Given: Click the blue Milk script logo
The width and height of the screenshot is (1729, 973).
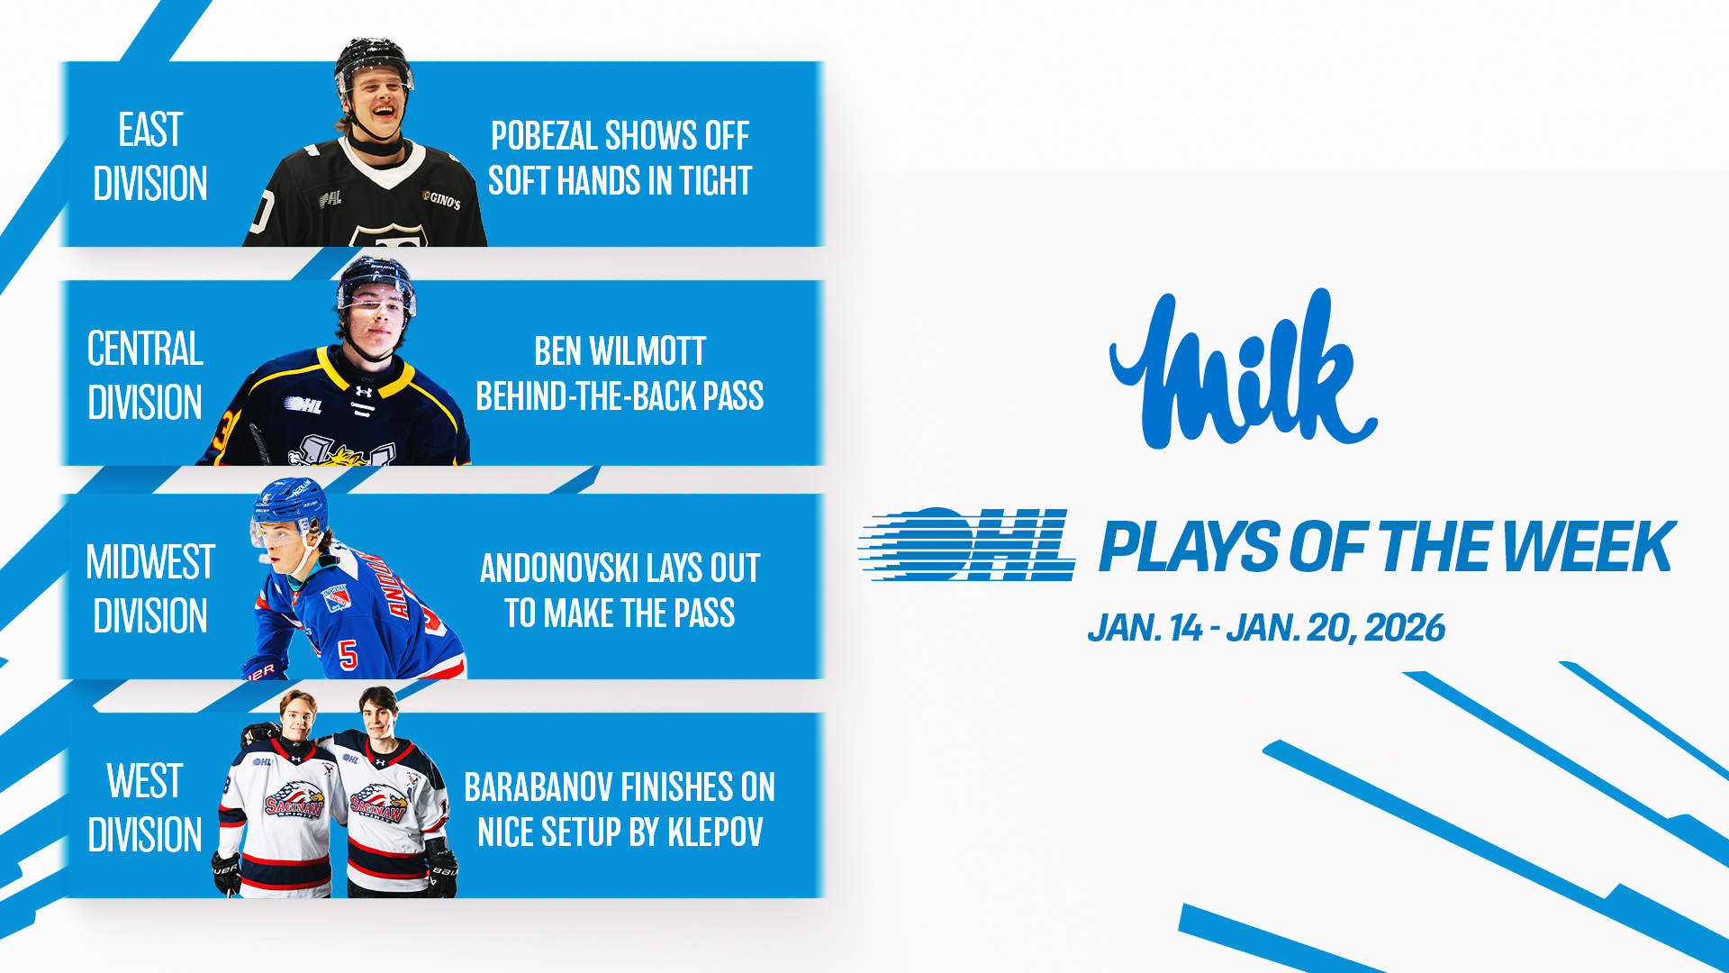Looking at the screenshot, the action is pyautogui.click(x=1243, y=369).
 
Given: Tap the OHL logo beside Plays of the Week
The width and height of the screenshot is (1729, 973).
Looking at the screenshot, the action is pyautogui.click(x=967, y=543).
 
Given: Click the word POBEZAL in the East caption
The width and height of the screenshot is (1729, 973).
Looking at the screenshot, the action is pyautogui.click(x=544, y=136).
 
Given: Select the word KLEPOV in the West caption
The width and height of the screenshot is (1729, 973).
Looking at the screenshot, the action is pyautogui.click(x=715, y=832).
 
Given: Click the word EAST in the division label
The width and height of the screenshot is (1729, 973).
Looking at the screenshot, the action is pyautogui.click(x=150, y=130).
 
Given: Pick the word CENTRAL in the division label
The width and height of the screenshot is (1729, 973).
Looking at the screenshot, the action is pyautogui.click(x=145, y=349).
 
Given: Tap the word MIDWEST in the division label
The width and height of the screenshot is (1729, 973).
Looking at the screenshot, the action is pyautogui.click(x=150, y=562).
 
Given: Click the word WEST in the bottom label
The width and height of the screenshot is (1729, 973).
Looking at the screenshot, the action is pyautogui.click(x=144, y=781).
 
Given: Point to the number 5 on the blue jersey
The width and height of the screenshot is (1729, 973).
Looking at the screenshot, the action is pyautogui.click(x=349, y=655).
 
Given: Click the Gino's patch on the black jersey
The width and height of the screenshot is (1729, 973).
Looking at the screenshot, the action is pyautogui.click(x=441, y=199).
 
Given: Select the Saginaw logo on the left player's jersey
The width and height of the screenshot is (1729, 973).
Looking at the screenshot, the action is pyautogui.click(x=294, y=800).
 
